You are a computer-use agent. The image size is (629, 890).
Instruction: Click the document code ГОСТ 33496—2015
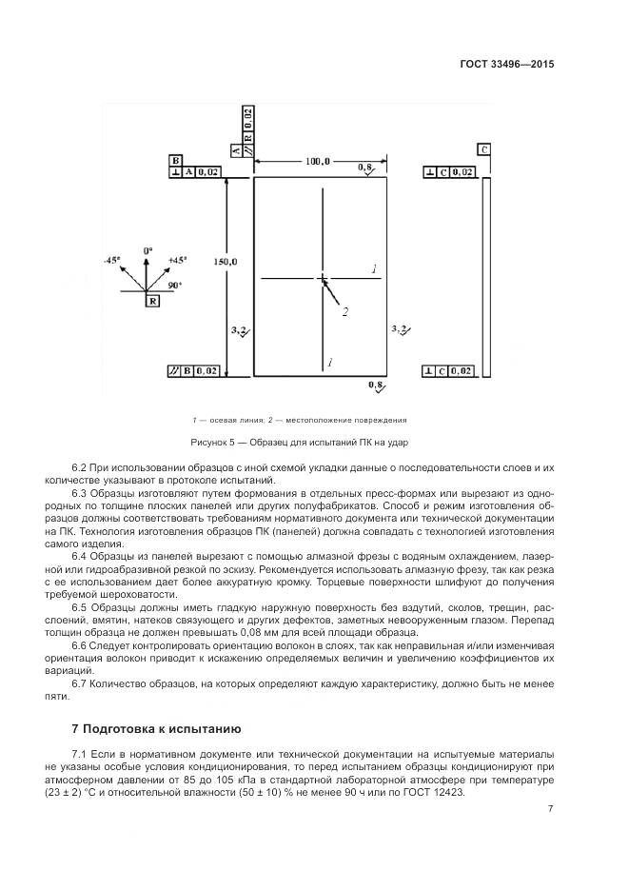click(x=505, y=65)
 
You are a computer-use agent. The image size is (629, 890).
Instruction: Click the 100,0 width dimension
click(x=317, y=162)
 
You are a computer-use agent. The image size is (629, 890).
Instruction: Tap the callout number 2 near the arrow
click(x=345, y=311)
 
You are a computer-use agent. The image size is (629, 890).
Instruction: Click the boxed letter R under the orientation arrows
click(x=152, y=300)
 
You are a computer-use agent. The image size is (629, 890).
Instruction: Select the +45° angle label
click(x=177, y=259)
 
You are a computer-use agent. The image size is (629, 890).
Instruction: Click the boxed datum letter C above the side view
click(x=484, y=149)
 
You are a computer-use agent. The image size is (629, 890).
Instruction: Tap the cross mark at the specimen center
click(x=324, y=279)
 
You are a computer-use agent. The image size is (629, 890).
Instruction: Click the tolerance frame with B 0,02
click(x=195, y=370)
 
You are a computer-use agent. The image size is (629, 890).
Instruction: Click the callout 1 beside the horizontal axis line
click(x=375, y=269)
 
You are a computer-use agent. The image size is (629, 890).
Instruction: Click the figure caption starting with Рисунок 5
click(x=300, y=443)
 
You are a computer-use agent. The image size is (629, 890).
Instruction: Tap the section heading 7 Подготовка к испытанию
click(x=156, y=728)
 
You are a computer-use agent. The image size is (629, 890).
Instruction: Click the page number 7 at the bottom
click(x=550, y=809)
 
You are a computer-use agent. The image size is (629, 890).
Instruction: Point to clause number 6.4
click(x=80, y=555)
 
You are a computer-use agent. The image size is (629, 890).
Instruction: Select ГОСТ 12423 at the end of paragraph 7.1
click(x=431, y=793)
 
